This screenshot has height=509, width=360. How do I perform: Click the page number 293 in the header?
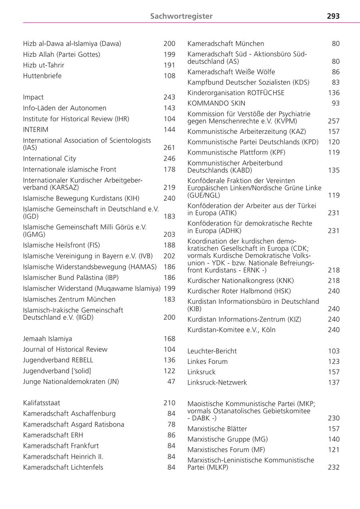pos(333,16)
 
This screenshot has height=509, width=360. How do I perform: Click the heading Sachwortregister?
pos(181,16)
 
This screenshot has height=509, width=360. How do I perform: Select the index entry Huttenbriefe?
pos(42,76)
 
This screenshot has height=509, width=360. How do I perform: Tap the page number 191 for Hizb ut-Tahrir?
pos(169,65)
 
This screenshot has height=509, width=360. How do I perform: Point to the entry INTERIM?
pos(36,130)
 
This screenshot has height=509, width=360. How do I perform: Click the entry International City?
pos(49,158)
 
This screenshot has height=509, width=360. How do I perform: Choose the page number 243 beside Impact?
pos(169,97)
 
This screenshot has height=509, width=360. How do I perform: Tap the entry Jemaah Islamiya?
pos(48,339)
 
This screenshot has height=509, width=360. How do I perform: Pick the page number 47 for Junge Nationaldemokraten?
pos(171,381)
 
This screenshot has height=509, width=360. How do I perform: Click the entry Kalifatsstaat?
pos(42,403)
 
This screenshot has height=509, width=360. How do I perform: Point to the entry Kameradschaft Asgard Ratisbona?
pos(74,424)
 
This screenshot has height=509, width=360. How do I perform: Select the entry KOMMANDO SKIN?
pos(216,103)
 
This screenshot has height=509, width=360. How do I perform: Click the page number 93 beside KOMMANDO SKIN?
pos(336,103)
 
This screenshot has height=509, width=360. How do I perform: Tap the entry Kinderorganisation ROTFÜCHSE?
pos(236,93)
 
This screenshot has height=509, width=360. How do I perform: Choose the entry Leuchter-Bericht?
pos(212,351)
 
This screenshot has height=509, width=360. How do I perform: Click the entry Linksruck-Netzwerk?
pos(217,382)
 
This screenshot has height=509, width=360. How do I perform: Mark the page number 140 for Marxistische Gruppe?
pos(334,439)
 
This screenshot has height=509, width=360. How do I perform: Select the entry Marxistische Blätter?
pos(217,429)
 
